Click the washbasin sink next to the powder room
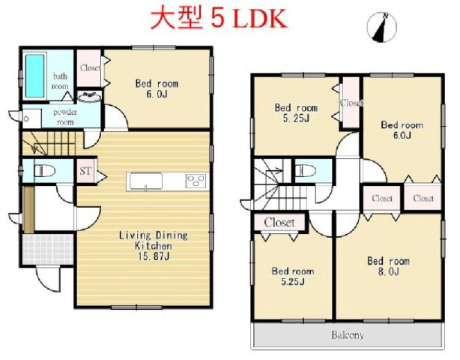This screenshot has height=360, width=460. coord(90,97)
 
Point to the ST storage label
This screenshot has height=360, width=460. coord(86,170)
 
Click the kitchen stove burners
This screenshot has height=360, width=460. coord(197,180)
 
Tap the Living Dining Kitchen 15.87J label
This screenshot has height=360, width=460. coord(154,245)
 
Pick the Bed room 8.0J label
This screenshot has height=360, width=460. coord(388,265)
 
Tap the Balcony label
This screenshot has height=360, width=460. coord(347,335)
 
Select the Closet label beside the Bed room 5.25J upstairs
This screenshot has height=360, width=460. coord(351,103)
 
